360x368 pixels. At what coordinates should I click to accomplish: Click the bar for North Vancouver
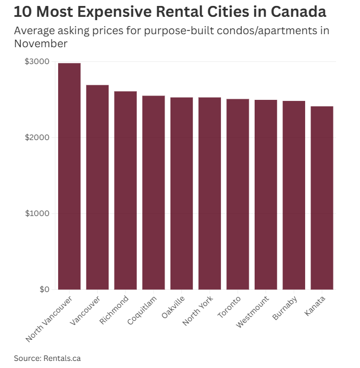click(x=69, y=176)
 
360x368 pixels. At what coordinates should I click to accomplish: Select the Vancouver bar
click(x=97, y=187)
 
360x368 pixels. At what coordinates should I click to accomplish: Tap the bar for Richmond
click(x=125, y=190)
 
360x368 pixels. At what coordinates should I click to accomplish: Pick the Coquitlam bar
click(x=154, y=192)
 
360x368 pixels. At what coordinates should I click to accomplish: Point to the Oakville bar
click(x=181, y=193)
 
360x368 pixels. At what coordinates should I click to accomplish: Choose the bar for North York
click(x=210, y=193)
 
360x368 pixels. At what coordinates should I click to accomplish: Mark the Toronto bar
click(x=238, y=194)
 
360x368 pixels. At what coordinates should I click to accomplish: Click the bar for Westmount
click(x=266, y=194)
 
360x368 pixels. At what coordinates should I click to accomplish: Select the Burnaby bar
click(x=294, y=195)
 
